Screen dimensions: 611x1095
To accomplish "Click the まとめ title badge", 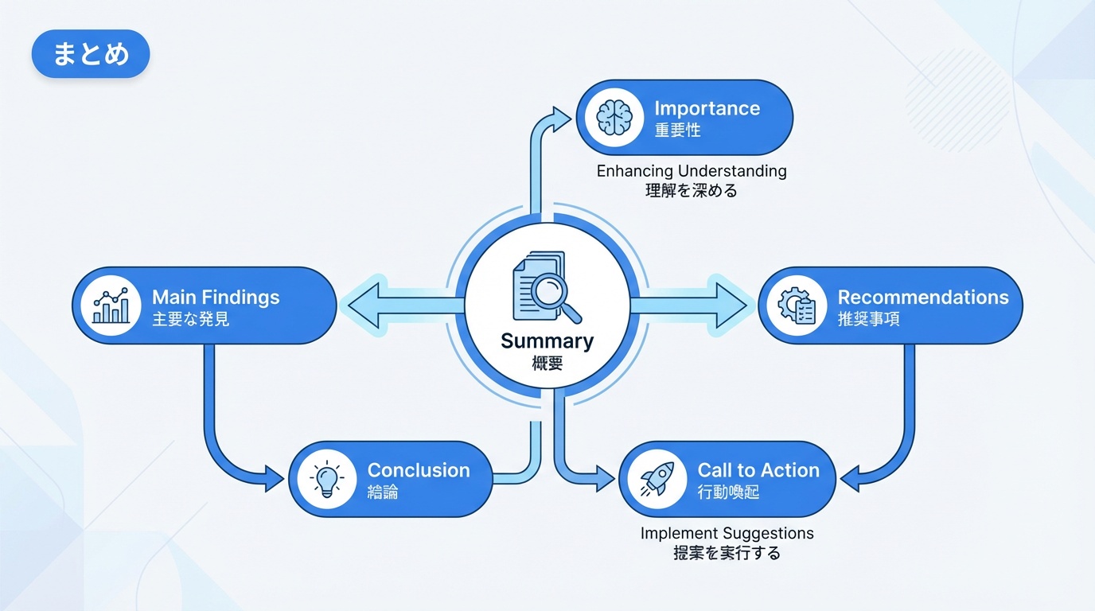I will (x=91, y=54).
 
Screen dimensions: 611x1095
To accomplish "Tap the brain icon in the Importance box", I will (x=614, y=118).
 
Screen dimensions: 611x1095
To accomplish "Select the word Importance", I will (x=707, y=108).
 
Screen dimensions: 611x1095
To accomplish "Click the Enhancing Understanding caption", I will (x=692, y=171).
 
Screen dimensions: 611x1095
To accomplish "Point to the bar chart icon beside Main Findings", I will (x=111, y=305).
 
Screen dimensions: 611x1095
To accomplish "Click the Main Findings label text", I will (x=216, y=298).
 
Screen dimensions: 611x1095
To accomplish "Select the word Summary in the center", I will (x=547, y=341).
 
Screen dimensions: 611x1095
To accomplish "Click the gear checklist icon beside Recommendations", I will (x=797, y=305).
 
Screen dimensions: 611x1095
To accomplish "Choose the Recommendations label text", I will (x=923, y=298).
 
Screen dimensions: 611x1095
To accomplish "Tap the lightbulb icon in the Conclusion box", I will (x=326, y=479).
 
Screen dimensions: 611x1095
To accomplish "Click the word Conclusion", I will (x=419, y=470).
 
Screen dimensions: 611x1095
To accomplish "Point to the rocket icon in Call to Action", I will (x=657, y=479).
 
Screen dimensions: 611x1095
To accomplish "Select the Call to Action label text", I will (x=758, y=470).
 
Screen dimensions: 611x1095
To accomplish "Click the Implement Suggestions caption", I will (x=727, y=533).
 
